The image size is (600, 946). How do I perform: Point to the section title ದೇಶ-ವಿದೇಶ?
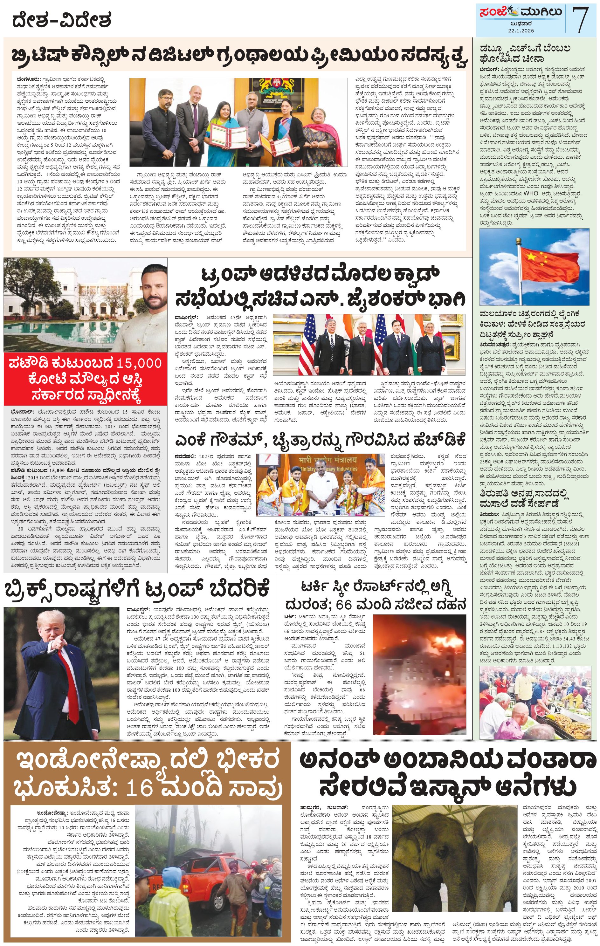pos(61,20)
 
